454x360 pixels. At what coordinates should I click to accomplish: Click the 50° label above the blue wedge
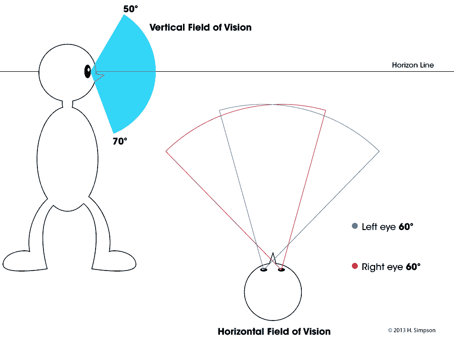click(x=130, y=9)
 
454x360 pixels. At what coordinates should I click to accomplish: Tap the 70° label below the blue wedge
click(x=120, y=141)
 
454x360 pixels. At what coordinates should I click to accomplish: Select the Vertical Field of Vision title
click(x=200, y=27)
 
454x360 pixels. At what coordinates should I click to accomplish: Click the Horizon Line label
click(x=413, y=65)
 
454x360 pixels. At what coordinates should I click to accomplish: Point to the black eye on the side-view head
click(x=87, y=71)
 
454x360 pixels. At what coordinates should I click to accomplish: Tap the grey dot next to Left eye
click(x=355, y=226)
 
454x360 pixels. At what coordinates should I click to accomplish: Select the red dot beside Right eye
click(x=355, y=266)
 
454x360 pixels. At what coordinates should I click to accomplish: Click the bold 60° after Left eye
click(x=406, y=227)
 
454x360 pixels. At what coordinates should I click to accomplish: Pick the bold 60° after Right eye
click(x=413, y=266)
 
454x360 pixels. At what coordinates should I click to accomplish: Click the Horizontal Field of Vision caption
click(x=274, y=331)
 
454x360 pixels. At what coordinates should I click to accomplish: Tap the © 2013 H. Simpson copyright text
click(x=412, y=330)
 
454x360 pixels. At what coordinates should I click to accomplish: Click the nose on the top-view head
click(x=273, y=258)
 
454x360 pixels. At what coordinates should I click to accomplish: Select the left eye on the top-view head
click(x=263, y=269)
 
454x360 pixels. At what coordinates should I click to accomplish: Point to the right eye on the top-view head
click(x=281, y=269)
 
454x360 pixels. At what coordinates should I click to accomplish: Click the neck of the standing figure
click(x=67, y=104)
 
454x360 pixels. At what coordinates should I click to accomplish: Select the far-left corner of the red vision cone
click(x=166, y=151)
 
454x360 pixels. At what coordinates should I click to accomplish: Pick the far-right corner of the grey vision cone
click(x=379, y=151)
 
